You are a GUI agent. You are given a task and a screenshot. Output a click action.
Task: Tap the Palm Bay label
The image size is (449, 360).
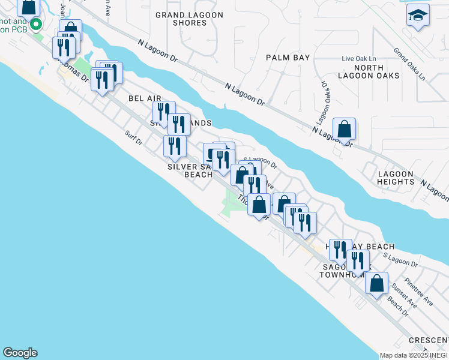pos(288,58)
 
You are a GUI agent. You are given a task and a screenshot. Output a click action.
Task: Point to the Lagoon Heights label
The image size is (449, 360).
pos(396,178)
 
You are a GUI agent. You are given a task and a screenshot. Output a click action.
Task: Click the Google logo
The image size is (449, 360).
pos(20,353)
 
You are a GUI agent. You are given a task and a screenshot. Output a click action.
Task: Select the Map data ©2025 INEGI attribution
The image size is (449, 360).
pos(413,355)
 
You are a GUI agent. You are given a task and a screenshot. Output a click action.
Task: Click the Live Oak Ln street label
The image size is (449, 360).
pos(357,59)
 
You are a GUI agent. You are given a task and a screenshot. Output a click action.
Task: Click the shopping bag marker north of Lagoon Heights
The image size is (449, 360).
pos(345,129)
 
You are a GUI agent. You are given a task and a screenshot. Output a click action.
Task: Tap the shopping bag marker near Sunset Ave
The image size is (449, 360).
pos(376,284)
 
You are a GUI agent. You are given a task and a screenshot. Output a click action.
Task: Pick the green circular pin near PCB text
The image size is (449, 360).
pos(35,25)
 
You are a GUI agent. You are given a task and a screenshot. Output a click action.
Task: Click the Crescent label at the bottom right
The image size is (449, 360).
pos(429,340)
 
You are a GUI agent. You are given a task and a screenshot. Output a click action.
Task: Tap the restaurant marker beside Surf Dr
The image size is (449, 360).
pos(174,146)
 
